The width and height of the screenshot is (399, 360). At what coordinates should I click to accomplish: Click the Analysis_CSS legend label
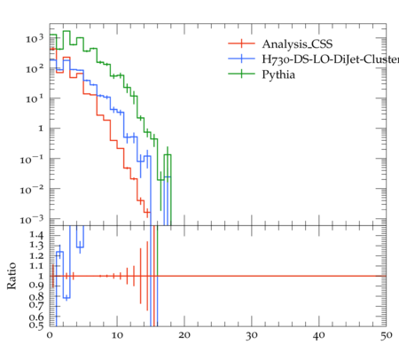[x=297, y=44]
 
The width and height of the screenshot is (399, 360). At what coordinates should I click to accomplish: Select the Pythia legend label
[x=278, y=74]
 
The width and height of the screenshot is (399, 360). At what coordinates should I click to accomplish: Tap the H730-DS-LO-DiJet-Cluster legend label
[x=331, y=59]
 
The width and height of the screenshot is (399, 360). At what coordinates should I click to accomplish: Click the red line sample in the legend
[x=241, y=43]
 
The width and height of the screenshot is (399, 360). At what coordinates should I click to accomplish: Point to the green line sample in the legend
[x=241, y=74]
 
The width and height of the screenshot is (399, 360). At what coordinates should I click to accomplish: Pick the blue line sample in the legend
[x=241, y=59]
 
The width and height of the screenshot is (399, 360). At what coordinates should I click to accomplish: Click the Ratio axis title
[x=12, y=276]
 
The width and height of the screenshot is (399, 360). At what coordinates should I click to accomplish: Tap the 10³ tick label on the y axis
[x=35, y=38]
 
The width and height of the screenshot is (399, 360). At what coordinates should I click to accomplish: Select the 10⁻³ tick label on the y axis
[x=32, y=220]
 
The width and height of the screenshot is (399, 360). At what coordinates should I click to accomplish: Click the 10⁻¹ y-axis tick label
[x=32, y=160]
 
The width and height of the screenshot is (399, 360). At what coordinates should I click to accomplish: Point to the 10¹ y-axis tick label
[x=35, y=98]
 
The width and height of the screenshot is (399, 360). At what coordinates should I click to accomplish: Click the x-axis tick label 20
[x=184, y=335]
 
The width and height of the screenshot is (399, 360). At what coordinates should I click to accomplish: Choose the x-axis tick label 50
[x=387, y=335]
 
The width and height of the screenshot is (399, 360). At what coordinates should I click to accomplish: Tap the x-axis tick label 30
[x=252, y=335]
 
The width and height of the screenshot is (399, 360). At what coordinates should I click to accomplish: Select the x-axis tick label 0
[x=50, y=335]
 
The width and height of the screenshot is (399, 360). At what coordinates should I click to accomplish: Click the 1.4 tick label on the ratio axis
[x=36, y=235]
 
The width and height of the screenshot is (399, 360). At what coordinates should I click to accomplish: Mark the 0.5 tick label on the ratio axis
[x=36, y=325]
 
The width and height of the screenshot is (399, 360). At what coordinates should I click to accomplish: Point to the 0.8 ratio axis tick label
[x=36, y=296]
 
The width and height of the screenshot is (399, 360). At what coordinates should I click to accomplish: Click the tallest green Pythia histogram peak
[x=66, y=31]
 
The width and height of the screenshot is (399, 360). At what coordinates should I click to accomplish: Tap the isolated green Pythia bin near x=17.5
[x=168, y=154]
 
